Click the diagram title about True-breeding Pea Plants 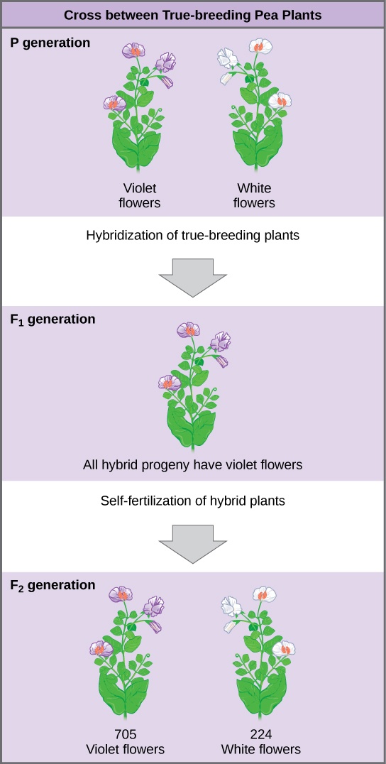click(192, 15)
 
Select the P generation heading click(50, 43)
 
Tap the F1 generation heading click(53, 319)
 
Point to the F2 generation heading click(53, 585)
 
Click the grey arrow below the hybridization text click(192, 275)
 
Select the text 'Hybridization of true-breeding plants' click(193, 236)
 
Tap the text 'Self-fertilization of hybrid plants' click(193, 501)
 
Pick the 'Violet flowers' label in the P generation click(140, 195)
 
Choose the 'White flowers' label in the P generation click(254, 195)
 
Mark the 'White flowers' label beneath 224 click(260, 749)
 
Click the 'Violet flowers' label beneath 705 click(125, 749)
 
